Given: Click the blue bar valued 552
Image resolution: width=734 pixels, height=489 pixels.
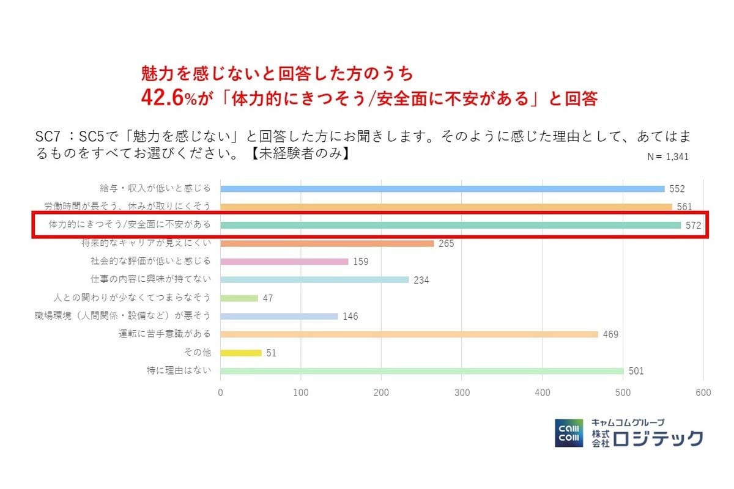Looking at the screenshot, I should coord(442,189).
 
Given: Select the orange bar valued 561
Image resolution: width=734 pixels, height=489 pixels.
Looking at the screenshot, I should coord(446,207).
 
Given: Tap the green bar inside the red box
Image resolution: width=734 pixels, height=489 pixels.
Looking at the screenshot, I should coord(450,225).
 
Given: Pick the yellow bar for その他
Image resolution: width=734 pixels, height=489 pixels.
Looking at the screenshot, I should coord(241,353).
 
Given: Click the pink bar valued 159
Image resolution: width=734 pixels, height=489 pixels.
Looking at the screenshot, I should coord(284,262).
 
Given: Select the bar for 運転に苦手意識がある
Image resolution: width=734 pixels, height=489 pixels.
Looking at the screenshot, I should coord(409,334).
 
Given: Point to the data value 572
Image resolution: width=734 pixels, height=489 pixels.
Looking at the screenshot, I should coord(693,226).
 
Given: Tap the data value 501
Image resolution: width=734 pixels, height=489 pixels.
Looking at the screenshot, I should coord(636,371).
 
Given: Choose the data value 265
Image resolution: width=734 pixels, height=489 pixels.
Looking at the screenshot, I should coord(447,244).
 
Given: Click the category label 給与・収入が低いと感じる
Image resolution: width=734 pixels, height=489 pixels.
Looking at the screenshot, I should coord(155,188).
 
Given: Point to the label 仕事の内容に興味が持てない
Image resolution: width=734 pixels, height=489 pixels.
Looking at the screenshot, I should coord(150,279).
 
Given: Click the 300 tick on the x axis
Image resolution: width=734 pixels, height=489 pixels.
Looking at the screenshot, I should coord(462,393).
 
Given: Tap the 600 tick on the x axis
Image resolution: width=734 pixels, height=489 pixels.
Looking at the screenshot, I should coord(703,393).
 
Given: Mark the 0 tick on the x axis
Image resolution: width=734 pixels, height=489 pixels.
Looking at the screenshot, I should coord(220,393).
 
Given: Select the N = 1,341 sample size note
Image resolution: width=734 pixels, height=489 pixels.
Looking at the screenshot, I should coord(668,156).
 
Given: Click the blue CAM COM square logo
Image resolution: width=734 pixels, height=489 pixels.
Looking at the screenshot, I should coord(569,433).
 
